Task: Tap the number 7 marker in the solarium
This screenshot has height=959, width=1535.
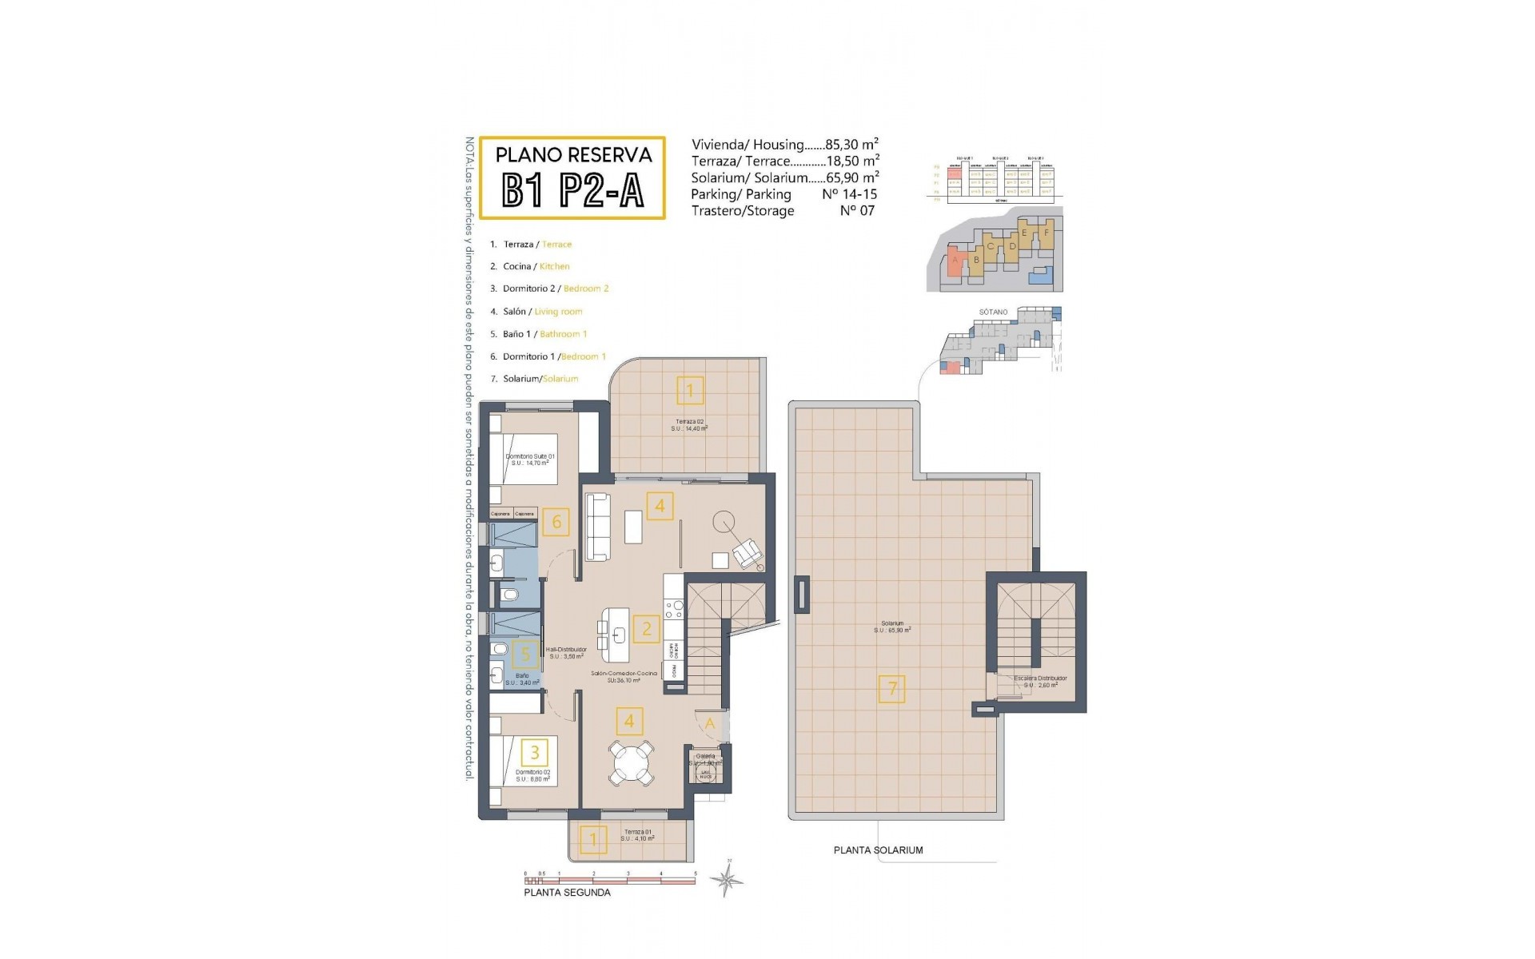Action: point(892,688)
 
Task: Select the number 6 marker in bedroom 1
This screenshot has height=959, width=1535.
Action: point(556,523)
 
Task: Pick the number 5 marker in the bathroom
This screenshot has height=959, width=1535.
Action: point(525,655)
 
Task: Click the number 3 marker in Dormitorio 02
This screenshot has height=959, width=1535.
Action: point(535,751)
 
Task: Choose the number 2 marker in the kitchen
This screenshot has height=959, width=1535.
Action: point(647,629)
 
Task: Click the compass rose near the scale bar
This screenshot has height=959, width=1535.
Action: point(727,880)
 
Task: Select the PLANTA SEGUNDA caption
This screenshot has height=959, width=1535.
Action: point(567,893)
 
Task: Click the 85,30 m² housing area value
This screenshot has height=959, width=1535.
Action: point(851,145)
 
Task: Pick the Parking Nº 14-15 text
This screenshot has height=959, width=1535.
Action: point(783,194)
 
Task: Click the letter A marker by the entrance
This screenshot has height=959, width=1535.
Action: point(710,724)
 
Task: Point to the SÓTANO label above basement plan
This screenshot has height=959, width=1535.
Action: point(993,312)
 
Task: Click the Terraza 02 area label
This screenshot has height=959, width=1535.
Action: point(689,425)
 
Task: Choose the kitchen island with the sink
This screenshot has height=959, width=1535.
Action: point(618,635)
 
